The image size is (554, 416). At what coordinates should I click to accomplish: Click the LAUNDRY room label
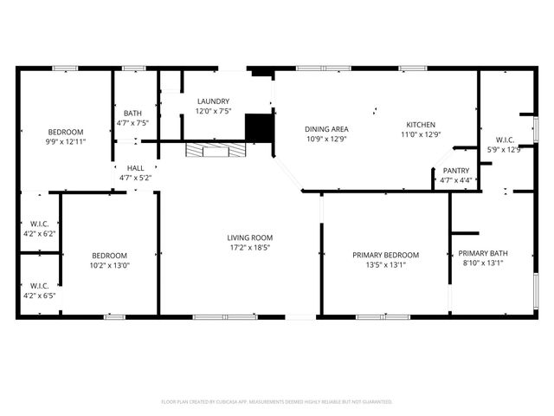[x=213, y=101]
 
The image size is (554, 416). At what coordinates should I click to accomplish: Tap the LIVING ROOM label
[x=250, y=237]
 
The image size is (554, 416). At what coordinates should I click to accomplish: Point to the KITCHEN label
[x=421, y=125]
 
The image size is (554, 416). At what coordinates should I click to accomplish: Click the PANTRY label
[x=455, y=171]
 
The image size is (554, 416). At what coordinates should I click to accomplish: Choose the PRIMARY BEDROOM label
[x=385, y=255]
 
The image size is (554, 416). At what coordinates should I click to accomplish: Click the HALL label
[x=135, y=168]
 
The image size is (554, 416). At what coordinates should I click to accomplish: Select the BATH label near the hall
[x=132, y=114]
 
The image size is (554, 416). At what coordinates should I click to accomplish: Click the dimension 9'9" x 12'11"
[x=66, y=141]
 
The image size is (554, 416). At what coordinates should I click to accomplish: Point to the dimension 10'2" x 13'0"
[x=110, y=266]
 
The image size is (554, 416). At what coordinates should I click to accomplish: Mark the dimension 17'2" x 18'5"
[x=250, y=248]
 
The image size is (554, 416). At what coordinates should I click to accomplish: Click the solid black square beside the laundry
[x=259, y=128]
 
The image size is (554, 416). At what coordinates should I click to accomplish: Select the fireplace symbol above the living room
[x=214, y=151]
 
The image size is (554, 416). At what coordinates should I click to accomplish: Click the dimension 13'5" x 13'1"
[x=385, y=265]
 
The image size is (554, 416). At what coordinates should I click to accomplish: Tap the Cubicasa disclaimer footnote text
[x=277, y=401]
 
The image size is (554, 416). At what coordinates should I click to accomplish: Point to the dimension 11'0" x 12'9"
[x=421, y=135]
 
